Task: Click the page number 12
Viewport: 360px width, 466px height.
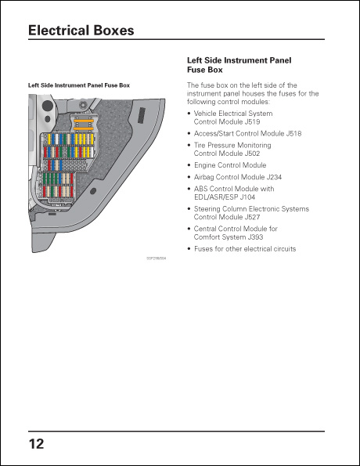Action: [x=36, y=444]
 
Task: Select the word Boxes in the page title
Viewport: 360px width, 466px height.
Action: [x=113, y=31]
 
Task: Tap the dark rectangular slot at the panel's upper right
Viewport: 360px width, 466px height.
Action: [x=142, y=114]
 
